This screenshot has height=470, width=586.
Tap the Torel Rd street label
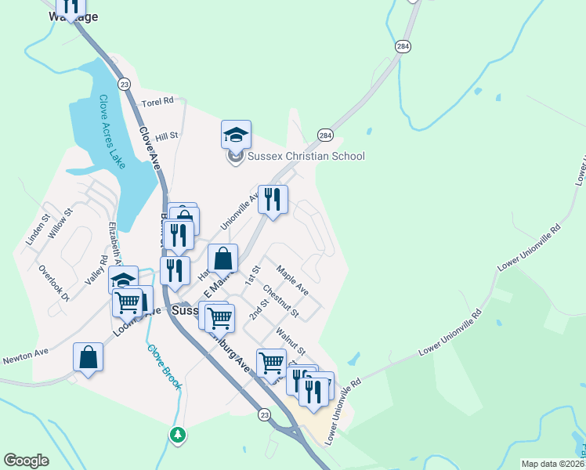click(x=157, y=102)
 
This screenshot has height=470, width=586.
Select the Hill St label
click(x=167, y=136)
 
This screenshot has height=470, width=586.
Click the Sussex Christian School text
click(x=306, y=156)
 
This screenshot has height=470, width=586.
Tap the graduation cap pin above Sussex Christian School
click(x=236, y=135)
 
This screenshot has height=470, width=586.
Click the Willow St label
click(x=60, y=223)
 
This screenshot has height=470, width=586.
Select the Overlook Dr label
click(x=54, y=283)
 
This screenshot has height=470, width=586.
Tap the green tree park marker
click(x=178, y=434)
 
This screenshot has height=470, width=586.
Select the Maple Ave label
click(x=292, y=283)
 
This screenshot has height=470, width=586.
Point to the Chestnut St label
click(x=280, y=302)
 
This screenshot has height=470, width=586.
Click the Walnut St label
click(x=289, y=342)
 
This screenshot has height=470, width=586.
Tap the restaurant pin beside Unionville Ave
click(x=273, y=200)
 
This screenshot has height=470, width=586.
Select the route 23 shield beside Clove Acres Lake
click(x=124, y=84)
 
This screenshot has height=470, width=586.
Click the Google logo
click(x=26, y=461)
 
